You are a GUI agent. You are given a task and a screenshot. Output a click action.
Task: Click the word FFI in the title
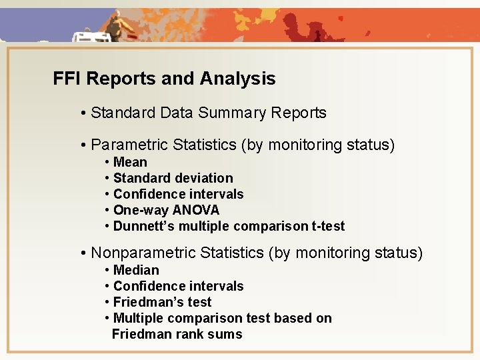[67, 79]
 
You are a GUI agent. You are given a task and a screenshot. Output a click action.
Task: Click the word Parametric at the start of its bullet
[129, 145]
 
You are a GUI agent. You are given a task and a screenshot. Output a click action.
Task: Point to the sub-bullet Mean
[130, 162]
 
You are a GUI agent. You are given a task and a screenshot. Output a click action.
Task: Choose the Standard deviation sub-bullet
[173, 178]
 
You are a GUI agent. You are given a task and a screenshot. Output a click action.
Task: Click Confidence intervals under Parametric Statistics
[178, 194]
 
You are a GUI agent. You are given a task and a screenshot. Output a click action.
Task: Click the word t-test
[328, 226]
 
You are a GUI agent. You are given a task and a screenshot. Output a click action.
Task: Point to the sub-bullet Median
[136, 270]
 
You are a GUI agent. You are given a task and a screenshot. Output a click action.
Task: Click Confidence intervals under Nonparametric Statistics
[178, 286]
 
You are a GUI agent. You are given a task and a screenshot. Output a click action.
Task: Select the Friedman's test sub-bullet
[162, 302]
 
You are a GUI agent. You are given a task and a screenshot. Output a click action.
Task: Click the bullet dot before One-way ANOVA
[107, 211]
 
